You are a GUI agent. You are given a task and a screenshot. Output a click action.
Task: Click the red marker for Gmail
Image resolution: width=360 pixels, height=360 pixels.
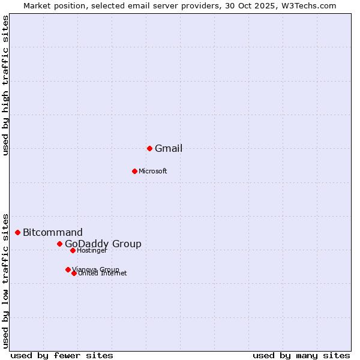pos(149,148)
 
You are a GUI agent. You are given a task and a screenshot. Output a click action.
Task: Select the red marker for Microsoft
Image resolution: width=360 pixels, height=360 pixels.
pos(134,171)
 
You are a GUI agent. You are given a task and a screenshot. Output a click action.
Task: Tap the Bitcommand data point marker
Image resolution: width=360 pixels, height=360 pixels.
pos(18,232)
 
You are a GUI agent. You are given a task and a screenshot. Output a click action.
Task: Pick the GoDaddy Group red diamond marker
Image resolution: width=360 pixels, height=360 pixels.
pos(59,244)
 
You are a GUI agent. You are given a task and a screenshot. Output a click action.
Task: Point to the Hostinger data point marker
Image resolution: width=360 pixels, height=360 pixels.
pos(73,250)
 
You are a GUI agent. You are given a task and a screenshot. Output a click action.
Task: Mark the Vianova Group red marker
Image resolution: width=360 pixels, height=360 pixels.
pos(68,269)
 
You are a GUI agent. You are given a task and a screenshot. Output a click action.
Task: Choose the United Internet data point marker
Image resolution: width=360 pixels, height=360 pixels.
pos(74,273)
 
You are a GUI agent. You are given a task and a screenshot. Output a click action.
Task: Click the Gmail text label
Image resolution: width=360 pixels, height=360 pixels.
pos(169,149)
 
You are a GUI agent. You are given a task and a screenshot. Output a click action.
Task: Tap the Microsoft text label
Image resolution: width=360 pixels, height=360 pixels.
pos(153,172)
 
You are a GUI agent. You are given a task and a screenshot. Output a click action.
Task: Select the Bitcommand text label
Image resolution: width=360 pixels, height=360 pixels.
pos(53,233)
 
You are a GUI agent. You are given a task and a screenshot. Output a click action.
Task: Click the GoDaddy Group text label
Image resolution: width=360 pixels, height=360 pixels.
pos(103,244)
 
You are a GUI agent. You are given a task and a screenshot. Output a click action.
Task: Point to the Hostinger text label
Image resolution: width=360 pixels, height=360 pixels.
pos(92,251)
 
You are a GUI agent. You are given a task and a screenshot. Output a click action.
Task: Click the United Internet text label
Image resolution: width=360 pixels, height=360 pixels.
pos(103,274)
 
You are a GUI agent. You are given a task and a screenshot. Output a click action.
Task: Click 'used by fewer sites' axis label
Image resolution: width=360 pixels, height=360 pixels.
pos(62,355)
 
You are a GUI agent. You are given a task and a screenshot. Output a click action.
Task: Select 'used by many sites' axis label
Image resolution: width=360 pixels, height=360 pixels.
pos(301,355)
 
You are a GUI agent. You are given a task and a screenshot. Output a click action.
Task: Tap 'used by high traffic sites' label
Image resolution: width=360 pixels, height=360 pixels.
pos(6,85)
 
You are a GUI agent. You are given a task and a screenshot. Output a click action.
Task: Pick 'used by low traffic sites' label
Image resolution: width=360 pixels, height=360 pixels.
pos(6,280)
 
